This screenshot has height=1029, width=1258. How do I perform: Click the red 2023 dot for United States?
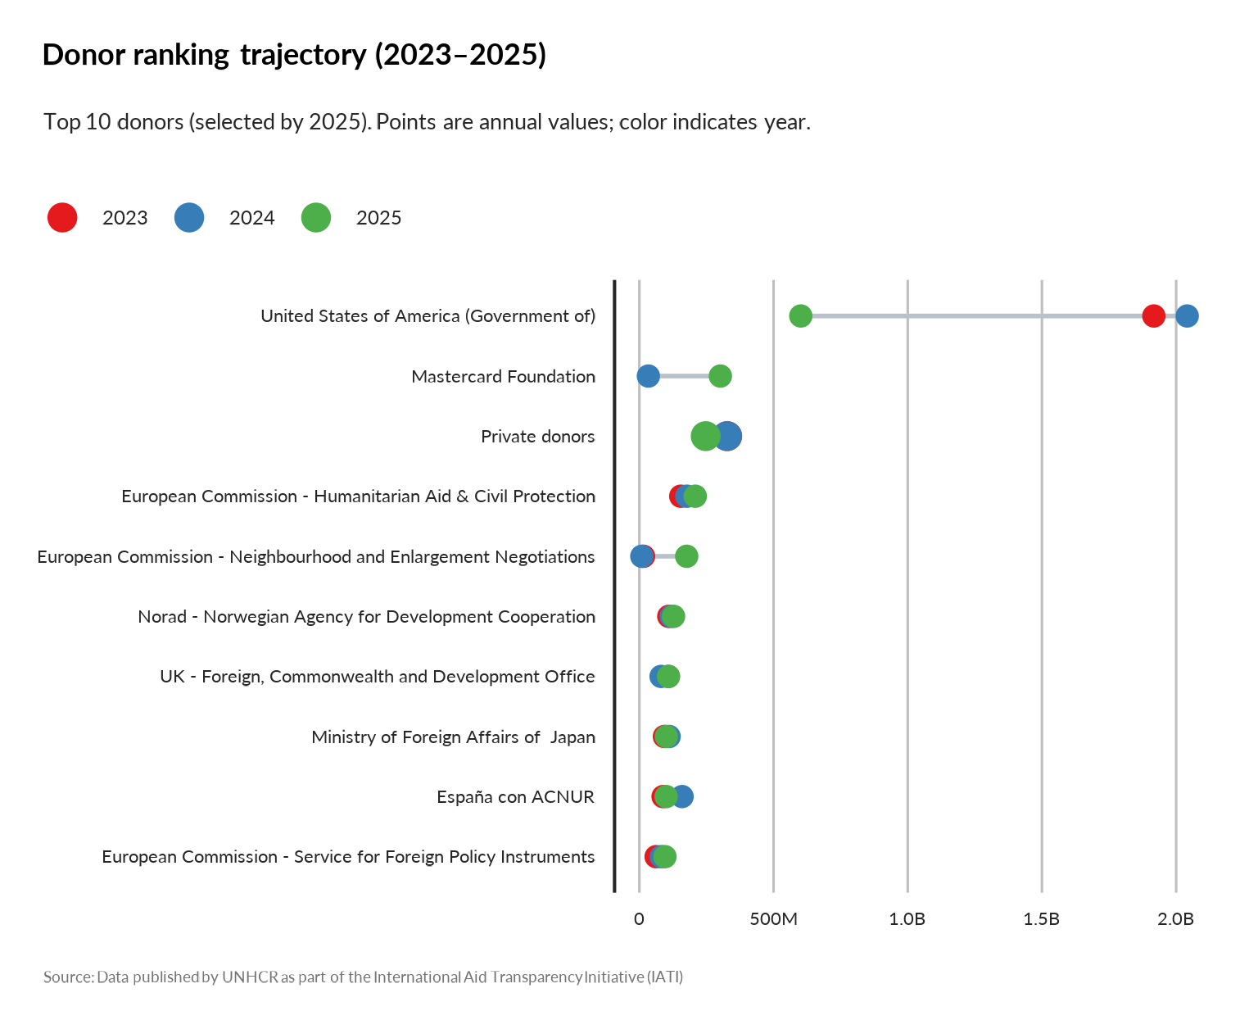(1153, 315)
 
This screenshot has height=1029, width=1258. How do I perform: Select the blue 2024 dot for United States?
(1187, 315)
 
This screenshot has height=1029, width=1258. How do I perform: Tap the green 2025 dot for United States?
(800, 315)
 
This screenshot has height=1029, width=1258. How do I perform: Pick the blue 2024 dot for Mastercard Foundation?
(648, 376)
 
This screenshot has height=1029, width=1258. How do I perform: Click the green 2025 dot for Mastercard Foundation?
(720, 376)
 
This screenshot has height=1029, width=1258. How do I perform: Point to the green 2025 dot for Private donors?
(704, 436)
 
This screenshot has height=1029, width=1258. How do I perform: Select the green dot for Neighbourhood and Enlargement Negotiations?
(686, 556)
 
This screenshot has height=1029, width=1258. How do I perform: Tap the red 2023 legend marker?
(62, 217)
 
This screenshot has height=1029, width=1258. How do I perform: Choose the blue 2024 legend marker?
(189, 217)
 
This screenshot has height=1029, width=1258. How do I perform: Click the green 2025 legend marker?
(316, 217)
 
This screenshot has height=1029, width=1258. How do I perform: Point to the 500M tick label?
(773, 919)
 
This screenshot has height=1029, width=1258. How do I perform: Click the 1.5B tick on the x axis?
(1041, 919)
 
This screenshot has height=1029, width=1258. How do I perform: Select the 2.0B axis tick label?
(1175, 919)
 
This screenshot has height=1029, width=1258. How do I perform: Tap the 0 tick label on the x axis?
(639, 919)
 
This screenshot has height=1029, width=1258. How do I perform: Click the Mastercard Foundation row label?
(503, 377)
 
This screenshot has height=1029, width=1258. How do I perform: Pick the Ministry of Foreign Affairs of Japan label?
(453, 737)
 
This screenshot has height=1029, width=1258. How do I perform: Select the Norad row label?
(366, 617)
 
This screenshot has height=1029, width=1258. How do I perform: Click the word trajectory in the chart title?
(303, 55)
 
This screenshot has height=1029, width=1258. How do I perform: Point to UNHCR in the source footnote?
(250, 977)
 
